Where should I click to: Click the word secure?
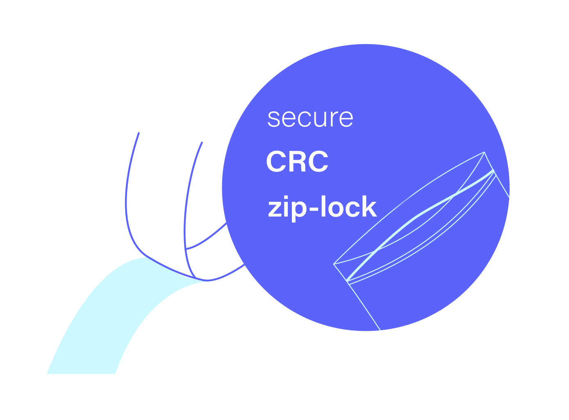coord(310,118)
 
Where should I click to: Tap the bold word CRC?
coord(297,162)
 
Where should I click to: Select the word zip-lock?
coord(322,207)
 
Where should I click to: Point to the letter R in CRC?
coord(297,162)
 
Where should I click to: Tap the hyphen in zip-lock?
coord(310,209)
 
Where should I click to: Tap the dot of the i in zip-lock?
coord(285,198)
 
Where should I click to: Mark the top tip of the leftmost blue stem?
coord(139,133)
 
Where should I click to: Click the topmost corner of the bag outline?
coord(485,152)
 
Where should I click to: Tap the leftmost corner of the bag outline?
coord(334,264)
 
